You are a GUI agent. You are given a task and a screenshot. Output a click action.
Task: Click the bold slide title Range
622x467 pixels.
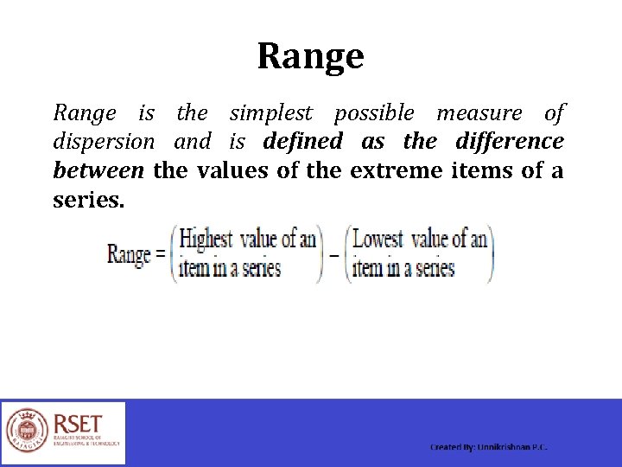tap(310, 57)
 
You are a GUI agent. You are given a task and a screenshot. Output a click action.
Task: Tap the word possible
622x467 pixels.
tap(374, 113)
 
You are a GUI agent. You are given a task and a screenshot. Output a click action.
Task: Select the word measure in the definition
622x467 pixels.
tap(479, 113)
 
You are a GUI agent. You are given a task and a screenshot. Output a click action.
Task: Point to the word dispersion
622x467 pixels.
tap(104, 142)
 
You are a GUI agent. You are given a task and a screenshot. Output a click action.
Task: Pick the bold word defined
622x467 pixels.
tap(302, 141)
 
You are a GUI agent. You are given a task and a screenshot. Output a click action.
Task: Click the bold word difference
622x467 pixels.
tap(510, 141)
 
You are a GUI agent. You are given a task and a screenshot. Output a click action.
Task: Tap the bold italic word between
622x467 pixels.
tap(98, 170)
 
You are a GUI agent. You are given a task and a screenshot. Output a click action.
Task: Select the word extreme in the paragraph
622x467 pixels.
tap(397, 170)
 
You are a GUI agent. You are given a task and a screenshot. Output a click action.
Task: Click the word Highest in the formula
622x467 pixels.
tap(207, 240)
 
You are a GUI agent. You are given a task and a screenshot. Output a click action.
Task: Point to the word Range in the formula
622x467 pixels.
tap(129, 255)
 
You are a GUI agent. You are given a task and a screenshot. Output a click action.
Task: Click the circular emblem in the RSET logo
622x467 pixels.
tap(27, 432)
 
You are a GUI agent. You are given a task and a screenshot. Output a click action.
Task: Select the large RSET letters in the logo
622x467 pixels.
tap(79, 424)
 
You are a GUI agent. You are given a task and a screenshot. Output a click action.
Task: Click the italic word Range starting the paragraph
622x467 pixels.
tap(84, 113)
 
